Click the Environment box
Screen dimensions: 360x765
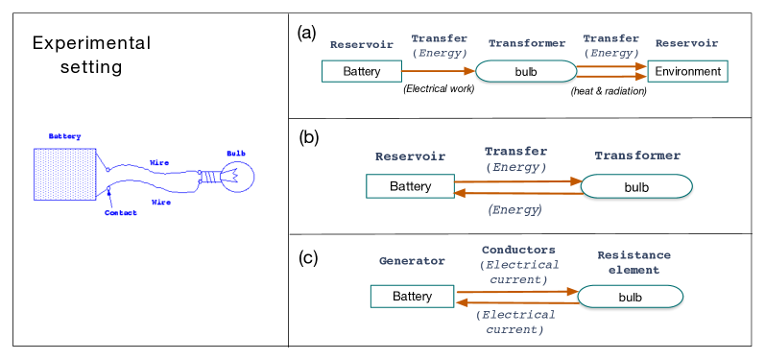[x=688, y=71]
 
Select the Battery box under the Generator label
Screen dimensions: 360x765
[x=412, y=297]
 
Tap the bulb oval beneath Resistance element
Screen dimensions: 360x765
[x=630, y=298]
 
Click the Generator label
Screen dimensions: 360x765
[x=412, y=261]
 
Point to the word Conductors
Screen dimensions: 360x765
[x=514, y=250]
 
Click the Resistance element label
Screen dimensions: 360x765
[x=634, y=262]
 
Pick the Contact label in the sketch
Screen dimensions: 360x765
[x=120, y=212]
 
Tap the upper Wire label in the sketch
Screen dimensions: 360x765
[x=159, y=162]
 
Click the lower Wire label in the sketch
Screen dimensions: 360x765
[x=161, y=203]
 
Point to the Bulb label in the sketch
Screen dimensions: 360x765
[x=235, y=153]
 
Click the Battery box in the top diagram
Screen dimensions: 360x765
[x=362, y=71]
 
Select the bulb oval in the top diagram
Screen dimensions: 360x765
[x=526, y=72]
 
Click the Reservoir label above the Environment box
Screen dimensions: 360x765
[x=686, y=44]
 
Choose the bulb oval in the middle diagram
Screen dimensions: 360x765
[x=636, y=187]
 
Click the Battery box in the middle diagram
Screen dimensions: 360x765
[x=410, y=186]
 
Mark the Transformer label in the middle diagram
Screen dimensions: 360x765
[x=636, y=156]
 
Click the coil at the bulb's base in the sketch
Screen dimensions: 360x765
[x=207, y=177]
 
